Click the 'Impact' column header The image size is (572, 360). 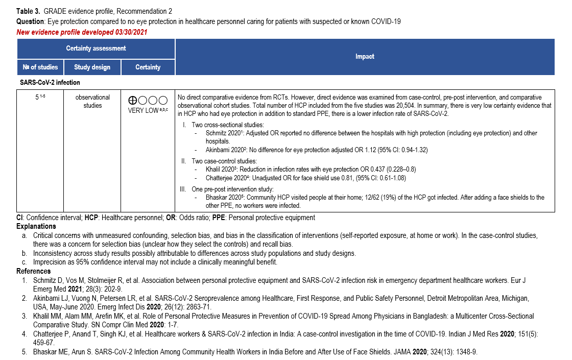click(365, 57)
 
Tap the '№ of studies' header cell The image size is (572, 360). click(40, 67)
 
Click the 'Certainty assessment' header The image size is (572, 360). click(96, 48)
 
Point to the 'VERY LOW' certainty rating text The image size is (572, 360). click(144, 111)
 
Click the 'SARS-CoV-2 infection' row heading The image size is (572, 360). click(50, 82)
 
